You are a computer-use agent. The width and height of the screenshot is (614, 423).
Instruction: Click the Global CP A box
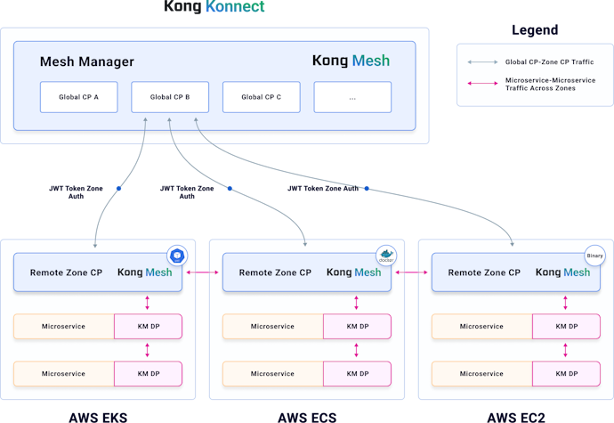point(78,97)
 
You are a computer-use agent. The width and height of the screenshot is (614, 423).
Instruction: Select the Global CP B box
point(170,97)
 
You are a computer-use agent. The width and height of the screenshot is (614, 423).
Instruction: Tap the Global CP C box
point(261,97)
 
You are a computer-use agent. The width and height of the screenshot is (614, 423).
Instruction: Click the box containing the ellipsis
point(352,97)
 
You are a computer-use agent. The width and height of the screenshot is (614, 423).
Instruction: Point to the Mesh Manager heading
point(87,62)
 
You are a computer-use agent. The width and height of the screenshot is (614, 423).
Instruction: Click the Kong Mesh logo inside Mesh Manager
point(351,61)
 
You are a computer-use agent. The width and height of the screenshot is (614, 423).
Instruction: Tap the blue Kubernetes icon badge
point(177,256)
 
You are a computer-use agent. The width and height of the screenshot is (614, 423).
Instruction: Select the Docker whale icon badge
point(386,256)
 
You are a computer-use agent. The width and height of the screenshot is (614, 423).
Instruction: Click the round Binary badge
point(594,256)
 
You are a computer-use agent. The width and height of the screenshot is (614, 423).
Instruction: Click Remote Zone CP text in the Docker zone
point(275,273)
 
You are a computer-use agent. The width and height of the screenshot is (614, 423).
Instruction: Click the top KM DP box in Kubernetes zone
point(148,327)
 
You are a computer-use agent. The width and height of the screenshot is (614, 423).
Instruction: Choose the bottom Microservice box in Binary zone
point(481,373)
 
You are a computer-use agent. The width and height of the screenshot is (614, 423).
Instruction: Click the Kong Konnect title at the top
point(214,7)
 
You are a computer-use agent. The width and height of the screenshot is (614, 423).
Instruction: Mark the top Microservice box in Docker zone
point(272,327)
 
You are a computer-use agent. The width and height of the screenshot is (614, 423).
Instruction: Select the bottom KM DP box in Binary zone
point(566,373)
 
